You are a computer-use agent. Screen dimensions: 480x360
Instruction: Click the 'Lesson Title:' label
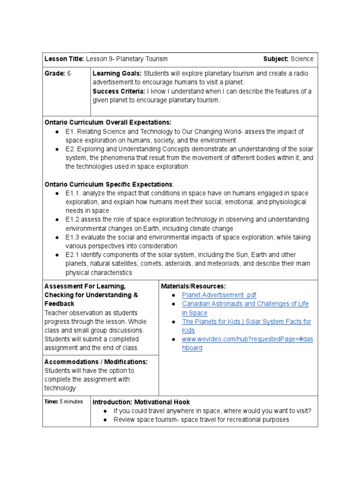pos(64,59)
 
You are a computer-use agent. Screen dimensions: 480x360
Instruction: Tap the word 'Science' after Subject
pos(302,59)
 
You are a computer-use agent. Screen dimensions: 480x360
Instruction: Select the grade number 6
pos(69,74)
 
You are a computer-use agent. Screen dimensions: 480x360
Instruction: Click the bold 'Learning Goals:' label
pos(117,74)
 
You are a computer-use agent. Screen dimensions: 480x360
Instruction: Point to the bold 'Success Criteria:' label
pos(119,91)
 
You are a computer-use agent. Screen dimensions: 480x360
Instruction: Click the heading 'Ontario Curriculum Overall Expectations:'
pos(108,122)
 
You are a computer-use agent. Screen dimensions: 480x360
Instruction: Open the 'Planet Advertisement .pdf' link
pos(219,295)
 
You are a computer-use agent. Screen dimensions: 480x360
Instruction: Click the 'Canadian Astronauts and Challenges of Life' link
pos(245,304)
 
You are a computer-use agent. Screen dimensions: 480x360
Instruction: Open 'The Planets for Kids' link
pos(246,322)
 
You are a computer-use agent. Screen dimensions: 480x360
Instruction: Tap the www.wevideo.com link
pos(247,339)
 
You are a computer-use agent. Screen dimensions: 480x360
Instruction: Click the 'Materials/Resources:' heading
pos(193,286)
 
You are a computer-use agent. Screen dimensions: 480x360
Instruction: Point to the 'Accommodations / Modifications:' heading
pos(96,362)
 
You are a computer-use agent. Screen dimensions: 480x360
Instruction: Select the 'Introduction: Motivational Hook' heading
pos(141,402)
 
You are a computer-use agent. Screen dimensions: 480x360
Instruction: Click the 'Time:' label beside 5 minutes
pos(51,402)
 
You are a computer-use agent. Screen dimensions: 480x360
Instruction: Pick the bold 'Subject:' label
pos(276,59)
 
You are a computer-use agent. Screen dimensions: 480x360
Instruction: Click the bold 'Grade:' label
pos(54,74)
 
